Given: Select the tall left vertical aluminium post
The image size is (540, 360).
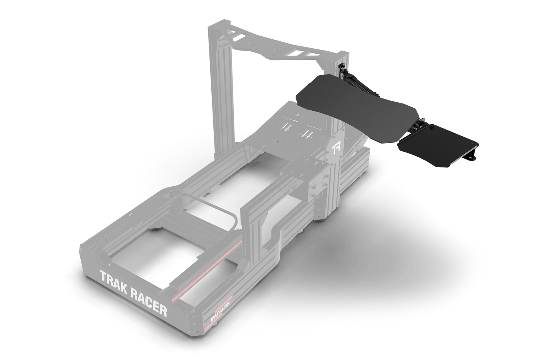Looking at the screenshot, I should (x=219, y=96).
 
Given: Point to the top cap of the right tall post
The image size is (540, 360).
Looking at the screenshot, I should (x=339, y=56).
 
